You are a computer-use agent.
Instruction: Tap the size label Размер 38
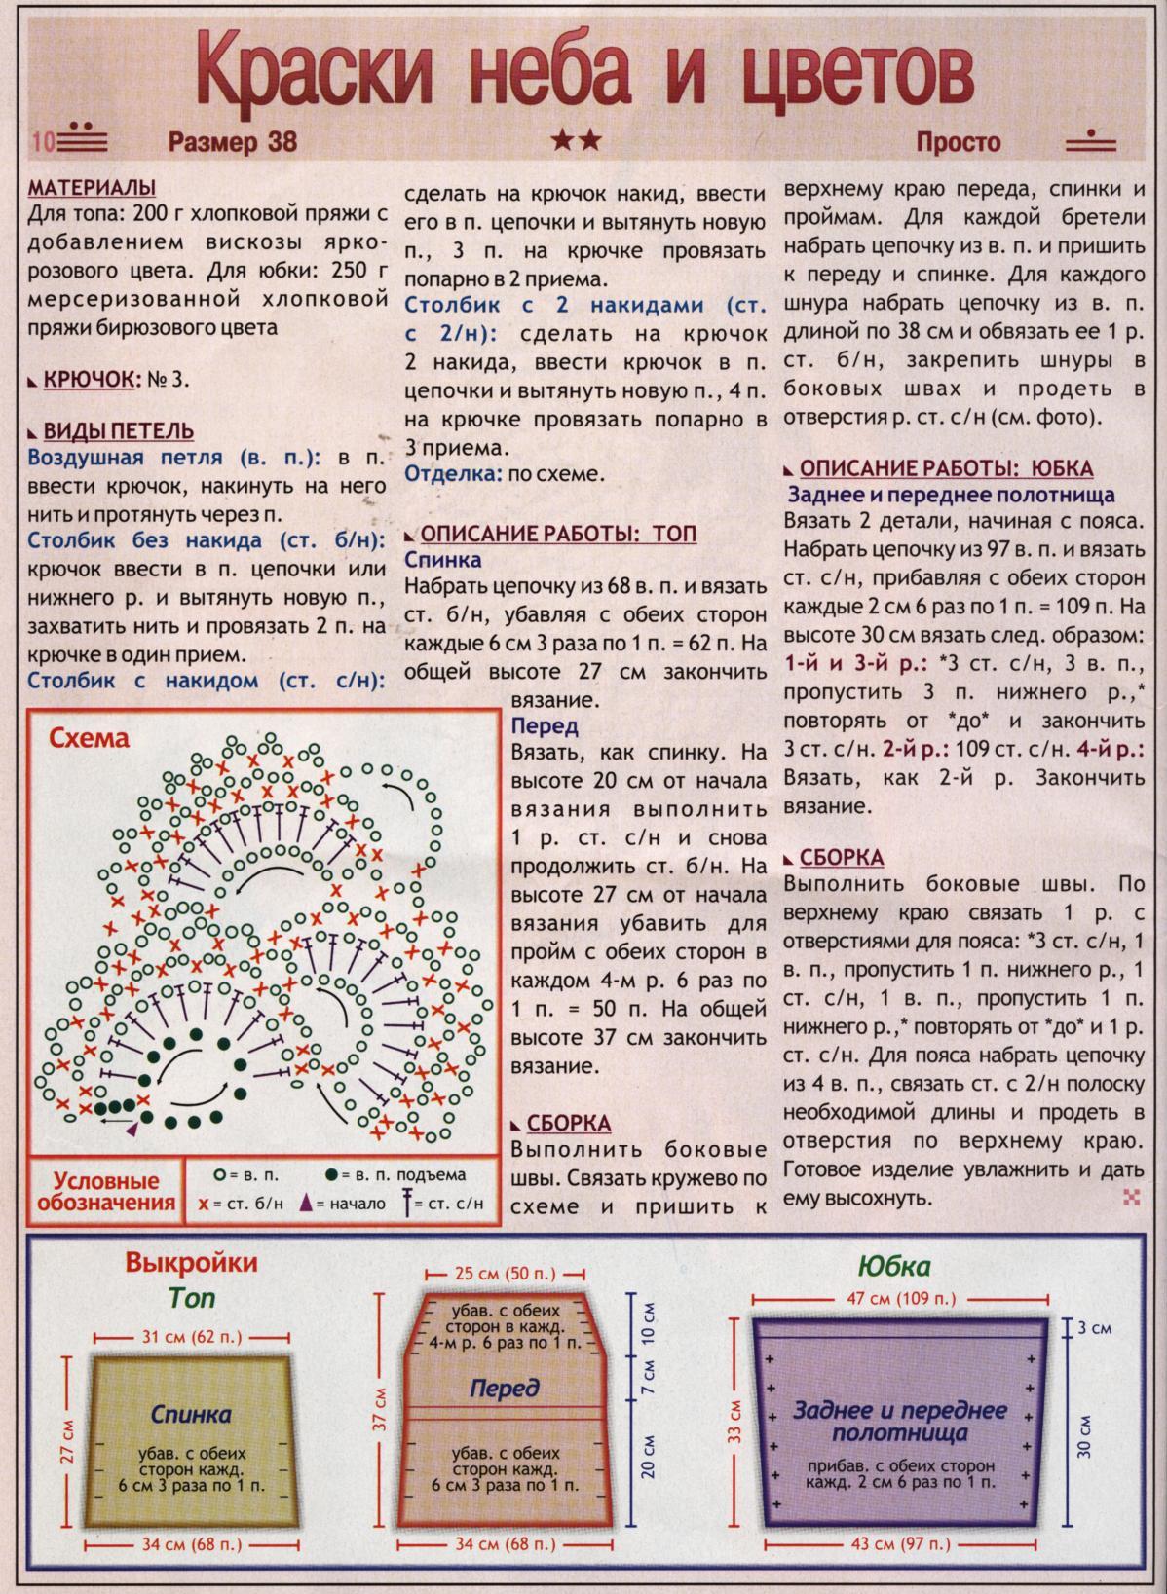[232, 142]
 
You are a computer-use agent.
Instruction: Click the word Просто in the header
[959, 142]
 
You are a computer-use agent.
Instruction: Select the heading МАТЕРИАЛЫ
[93, 187]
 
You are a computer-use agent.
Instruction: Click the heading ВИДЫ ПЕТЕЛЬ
[119, 430]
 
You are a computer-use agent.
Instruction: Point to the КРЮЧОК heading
[89, 379]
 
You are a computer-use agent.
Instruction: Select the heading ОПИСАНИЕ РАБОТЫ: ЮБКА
[946, 468]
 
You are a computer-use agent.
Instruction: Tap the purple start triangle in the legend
[307, 1204]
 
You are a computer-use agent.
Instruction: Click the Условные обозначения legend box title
[105, 1192]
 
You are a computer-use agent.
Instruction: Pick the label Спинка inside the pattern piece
[191, 1413]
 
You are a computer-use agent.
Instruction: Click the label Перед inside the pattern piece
[504, 1388]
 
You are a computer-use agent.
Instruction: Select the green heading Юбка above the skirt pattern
[893, 1266]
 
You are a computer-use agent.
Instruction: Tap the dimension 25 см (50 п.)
[506, 1273]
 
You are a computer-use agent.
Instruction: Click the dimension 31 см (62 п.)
[192, 1336]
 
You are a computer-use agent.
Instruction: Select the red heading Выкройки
[191, 1263]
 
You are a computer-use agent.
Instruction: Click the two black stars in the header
[577, 142]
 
